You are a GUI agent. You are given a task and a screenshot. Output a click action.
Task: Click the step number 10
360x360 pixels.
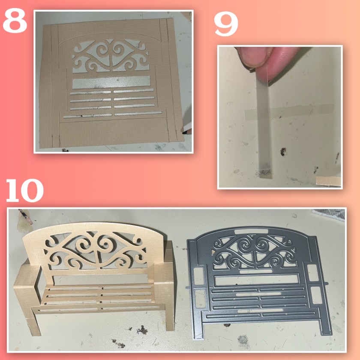coord(24,191)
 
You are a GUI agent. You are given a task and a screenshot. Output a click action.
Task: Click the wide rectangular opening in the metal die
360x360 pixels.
coord(256,281)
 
